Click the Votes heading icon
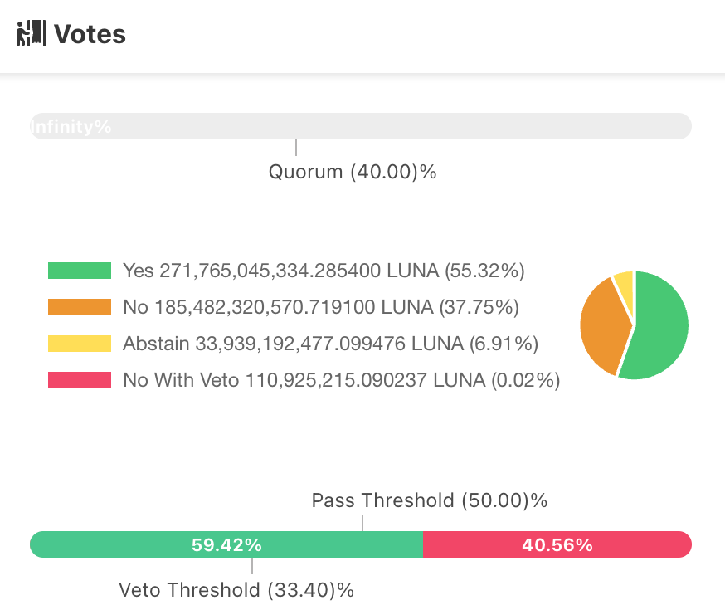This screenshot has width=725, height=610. point(32,34)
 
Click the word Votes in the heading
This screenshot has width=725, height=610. point(90,34)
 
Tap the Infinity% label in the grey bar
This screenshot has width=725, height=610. point(71,127)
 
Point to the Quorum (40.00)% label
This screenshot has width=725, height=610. point(353,172)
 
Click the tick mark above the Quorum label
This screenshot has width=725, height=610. point(296,148)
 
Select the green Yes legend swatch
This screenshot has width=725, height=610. point(80,271)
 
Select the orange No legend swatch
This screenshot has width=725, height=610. point(80,307)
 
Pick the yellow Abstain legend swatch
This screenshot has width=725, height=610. point(80,344)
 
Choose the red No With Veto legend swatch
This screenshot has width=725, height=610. point(80,380)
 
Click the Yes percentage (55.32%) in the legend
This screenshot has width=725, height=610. point(484,271)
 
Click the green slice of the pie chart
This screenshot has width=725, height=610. point(659,328)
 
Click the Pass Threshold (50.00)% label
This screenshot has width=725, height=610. point(430,500)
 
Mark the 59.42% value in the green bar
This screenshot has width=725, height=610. point(226,545)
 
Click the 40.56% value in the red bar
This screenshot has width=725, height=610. point(557,545)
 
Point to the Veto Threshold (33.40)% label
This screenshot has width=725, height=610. point(236,590)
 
